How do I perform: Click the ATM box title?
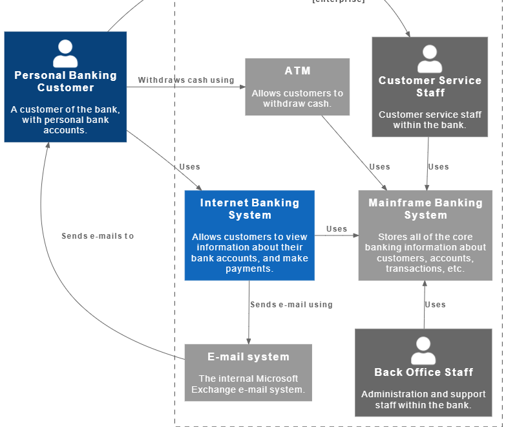coord(297,71)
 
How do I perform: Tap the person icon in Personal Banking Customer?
coord(65,54)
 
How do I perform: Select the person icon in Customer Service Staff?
coord(430,59)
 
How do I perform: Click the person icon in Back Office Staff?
coord(423,351)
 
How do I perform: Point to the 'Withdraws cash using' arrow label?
coord(186,80)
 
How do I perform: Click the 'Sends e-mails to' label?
coord(98,236)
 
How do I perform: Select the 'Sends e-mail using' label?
coord(291,305)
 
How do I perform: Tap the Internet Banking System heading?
coord(249,209)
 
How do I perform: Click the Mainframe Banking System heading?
coord(425,209)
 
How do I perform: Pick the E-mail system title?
coord(248,357)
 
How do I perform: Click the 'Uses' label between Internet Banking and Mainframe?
coord(337,229)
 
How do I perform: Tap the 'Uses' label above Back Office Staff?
coord(436,305)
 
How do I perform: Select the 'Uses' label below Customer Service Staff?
coord(438,167)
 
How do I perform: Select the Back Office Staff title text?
coord(423,373)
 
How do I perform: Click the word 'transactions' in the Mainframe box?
coord(411,269)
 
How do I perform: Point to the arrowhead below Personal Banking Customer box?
coord(47,146)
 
